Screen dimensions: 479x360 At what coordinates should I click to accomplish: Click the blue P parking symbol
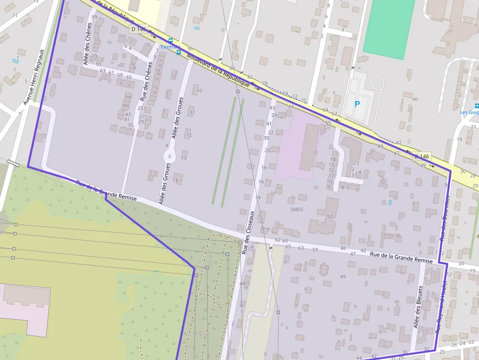(x=357, y=104)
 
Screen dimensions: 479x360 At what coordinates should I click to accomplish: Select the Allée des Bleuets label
(x=418, y=307)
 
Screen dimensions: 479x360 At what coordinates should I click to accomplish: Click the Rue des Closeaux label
(x=248, y=233)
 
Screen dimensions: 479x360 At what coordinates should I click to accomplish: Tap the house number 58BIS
(x=297, y=209)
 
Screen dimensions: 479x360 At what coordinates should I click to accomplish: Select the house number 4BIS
(x=244, y=283)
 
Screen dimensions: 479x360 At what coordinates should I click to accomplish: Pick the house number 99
(x=94, y=17)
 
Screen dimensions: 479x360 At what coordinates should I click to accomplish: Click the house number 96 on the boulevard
(x=190, y=49)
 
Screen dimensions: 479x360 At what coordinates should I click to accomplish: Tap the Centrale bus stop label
(x=171, y=47)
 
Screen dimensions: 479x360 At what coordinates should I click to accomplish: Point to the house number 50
(x=330, y=217)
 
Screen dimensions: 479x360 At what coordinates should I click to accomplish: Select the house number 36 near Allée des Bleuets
(x=404, y=352)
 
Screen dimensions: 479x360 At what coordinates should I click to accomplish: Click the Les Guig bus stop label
(x=469, y=112)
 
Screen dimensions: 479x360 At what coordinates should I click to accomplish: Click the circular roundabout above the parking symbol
(x=377, y=83)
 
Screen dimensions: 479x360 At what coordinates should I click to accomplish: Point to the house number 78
(x=265, y=84)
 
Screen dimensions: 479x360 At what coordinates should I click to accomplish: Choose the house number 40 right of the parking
(x=415, y=99)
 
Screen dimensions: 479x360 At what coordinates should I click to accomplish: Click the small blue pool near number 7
(x=15, y=61)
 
